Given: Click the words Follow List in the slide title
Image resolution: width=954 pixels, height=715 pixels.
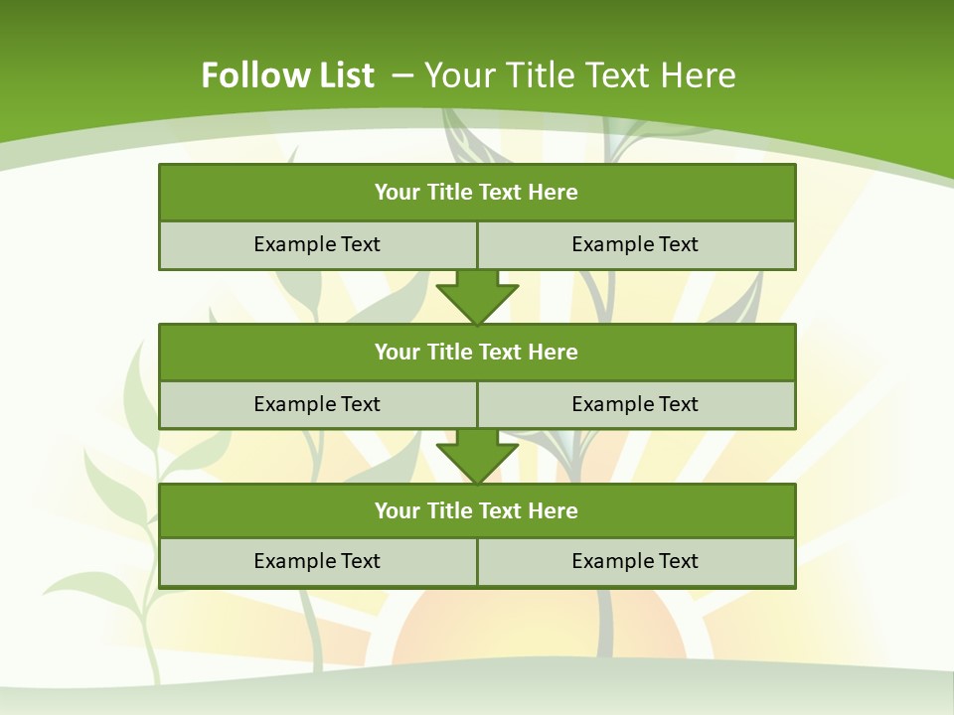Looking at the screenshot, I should click(287, 75).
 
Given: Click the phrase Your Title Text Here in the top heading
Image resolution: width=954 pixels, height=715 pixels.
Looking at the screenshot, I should click(580, 75).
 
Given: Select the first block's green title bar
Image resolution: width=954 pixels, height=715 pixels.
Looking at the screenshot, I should click(477, 193).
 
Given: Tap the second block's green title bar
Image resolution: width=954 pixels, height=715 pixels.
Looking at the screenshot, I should click(477, 352).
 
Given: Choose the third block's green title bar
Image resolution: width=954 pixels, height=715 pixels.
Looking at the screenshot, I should click(477, 510).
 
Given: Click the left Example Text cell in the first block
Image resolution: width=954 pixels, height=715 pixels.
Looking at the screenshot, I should click(317, 244).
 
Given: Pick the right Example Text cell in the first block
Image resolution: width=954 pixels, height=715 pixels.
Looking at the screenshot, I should click(636, 244).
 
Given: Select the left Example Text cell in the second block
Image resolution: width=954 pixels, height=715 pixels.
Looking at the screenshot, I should click(317, 404).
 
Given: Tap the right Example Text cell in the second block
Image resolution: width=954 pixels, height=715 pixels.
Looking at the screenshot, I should click(636, 404).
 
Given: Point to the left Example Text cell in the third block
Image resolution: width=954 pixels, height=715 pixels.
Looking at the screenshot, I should click(317, 561).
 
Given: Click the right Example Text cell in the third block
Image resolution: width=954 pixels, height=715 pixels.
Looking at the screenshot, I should click(636, 561).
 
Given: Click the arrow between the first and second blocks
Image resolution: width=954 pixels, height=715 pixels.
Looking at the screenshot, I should click(477, 296).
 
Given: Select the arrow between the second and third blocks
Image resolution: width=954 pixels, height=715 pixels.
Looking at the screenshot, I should click(477, 456).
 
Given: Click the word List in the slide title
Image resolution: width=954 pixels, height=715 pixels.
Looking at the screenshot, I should click(341, 75).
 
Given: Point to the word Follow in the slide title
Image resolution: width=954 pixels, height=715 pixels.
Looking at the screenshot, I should click(250, 75).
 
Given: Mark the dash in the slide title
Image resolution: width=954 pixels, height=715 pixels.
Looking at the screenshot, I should click(402, 75).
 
